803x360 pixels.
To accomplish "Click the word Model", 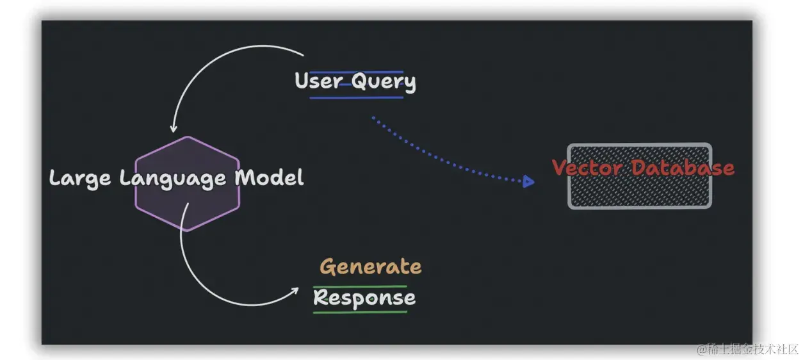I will click(269, 177).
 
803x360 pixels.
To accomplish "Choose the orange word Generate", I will click(371, 266).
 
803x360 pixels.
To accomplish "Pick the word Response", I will click(364, 298).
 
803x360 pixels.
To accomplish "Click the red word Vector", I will click(587, 168).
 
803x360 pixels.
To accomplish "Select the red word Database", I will click(683, 168).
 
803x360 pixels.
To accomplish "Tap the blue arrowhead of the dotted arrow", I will click(528, 182).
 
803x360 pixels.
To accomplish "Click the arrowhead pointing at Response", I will click(295, 290).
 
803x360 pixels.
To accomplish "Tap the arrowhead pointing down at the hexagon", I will click(173, 128).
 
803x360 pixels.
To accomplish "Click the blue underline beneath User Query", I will click(356, 98).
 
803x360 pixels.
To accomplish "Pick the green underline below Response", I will click(360, 313).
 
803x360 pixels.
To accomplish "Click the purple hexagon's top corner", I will click(187, 136).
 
